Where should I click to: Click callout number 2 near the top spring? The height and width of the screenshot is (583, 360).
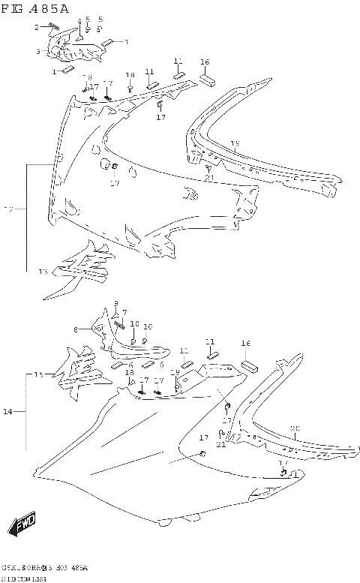[x=36, y=27]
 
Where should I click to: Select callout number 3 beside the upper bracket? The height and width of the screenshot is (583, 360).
[x=38, y=52]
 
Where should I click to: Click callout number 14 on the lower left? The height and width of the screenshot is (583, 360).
[x=7, y=412]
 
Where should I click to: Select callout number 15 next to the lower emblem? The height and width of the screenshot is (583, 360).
[x=38, y=373]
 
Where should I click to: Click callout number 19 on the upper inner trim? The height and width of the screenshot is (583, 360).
[x=235, y=143]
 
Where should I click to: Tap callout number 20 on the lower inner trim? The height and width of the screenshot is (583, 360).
[x=295, y=428]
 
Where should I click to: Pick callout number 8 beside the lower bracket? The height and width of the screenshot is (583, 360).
[x=76, y=329]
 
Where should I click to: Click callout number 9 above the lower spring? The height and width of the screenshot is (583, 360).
[x=116, y=302]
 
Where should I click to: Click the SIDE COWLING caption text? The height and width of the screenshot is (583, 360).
[x=23, y=578]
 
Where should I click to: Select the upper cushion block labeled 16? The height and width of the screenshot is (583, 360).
[x=208, y=80]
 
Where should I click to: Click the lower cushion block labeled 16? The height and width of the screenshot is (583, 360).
[x=248, y=366]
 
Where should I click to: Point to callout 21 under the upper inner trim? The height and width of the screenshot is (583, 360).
[x=209, y=177]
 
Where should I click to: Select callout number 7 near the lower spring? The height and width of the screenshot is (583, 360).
[x=124, y=311]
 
